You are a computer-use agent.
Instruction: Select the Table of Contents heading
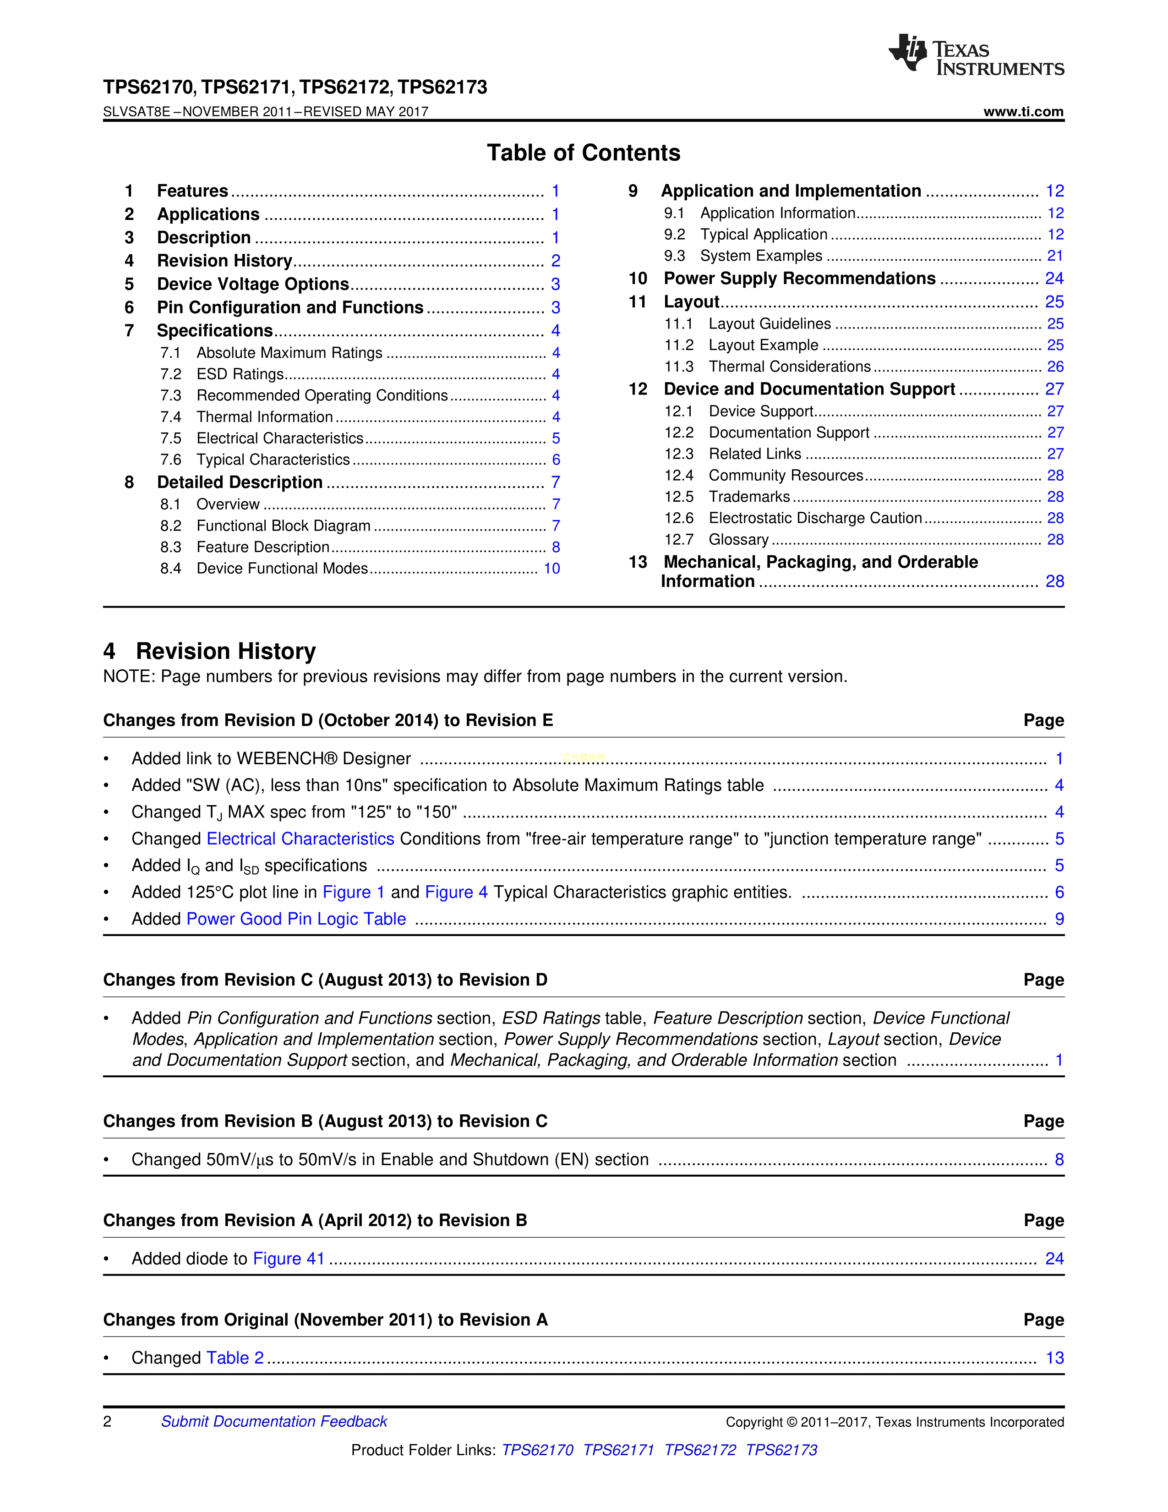click(x=583, y=153)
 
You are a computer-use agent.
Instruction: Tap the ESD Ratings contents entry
click(x=240, y=374)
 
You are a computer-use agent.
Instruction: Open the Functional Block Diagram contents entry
click(x=283, y=526)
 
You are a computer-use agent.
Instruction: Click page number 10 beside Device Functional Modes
click(x=551, y=569)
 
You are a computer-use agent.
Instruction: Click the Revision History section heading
click(x=225, y=652)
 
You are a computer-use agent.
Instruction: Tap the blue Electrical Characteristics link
click(x=300, y=839)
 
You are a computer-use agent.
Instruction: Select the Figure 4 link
click(x=456, y=893)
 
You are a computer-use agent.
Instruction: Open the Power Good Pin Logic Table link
click(x=296, y=920)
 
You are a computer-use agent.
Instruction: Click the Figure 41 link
click(x=289, y=1259)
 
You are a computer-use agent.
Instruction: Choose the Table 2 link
click(x=235, y=1359)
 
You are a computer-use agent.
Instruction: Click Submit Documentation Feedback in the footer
click(x=274, y=1421)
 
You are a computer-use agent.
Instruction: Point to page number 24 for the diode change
click(x=1054, y=1259)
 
